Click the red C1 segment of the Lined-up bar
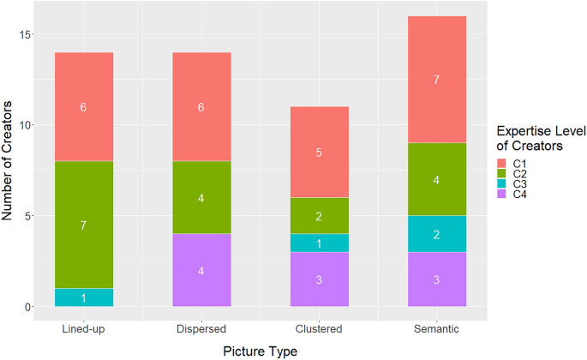tap(83, 106)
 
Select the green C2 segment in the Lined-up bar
tap(83, 225)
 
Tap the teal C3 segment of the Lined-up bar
tap(83, 297)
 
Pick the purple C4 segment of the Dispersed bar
tap(202, 270)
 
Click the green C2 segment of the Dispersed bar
tap(202, 197)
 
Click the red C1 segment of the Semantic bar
tap(438, 79)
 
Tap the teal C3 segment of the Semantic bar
tap(438, 233)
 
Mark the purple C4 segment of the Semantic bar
tap(438, 279)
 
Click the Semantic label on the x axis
tap(438, 328)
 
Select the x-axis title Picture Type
tap(261, 350)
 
